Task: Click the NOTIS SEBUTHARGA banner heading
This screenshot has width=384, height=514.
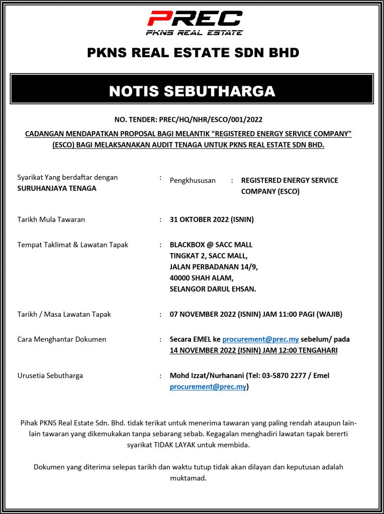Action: (192, 91)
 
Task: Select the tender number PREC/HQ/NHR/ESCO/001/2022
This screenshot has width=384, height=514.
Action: (210, 119)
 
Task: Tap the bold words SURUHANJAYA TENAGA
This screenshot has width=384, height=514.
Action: (57, 188)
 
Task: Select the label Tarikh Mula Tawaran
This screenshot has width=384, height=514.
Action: (51, 219)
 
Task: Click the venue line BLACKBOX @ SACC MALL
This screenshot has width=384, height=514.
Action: (211, 245)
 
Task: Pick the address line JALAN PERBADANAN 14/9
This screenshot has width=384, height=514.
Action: (214, 267)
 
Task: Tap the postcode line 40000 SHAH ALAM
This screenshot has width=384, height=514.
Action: (202, 278)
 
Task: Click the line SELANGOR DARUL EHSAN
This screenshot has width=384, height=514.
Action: (213, 289)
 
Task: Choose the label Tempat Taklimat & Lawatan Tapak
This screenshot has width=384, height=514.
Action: (73, 245)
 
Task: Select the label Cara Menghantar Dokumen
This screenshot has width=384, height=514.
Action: (62, 339)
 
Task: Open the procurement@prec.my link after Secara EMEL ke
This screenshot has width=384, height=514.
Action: (260, 339)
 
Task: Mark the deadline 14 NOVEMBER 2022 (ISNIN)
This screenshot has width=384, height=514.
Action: (212, 350)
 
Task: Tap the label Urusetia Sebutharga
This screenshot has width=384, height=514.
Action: (50, 375)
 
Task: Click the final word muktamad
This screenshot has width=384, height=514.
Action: (188, 478)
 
